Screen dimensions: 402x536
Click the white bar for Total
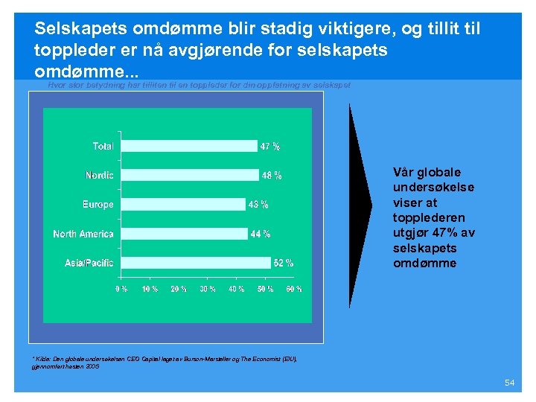(188, 146)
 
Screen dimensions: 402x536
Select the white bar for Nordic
(190, 175)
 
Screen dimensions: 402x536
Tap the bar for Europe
(182, 204)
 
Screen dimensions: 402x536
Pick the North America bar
(184, 234)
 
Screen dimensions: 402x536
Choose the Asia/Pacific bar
(195, 263)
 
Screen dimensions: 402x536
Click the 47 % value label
(269, 146)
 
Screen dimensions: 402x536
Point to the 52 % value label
(284, 263)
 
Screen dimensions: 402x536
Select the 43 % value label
(258, 204)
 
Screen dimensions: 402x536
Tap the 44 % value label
(261, 234)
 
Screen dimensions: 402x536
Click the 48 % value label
(272, 176)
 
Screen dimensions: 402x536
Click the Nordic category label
(100, 176)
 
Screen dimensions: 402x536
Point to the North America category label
(83, 234)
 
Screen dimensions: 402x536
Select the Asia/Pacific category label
(89, 263)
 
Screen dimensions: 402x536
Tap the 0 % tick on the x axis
(121, 288)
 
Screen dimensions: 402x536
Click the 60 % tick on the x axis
(294, 288)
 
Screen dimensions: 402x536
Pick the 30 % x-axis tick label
(207, 288)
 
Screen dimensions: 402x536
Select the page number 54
(509, 383)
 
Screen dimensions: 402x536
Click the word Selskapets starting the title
(81, 29)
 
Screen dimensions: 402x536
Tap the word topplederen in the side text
(429, 217)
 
